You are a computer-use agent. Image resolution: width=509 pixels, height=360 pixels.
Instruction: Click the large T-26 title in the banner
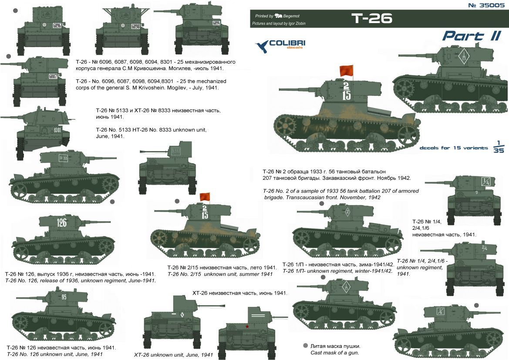point(372,19)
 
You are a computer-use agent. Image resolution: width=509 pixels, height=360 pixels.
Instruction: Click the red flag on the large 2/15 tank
point(346,71)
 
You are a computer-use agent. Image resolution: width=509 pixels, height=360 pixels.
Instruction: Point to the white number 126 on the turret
point(62,222)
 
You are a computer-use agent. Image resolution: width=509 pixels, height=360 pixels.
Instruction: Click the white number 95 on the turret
point(64,296)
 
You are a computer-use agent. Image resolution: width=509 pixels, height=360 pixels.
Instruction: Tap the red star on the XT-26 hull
point(247,326)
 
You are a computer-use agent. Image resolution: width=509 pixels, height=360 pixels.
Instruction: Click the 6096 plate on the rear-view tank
point(57,25)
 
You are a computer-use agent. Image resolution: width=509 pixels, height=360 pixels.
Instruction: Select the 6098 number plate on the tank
point(136,26)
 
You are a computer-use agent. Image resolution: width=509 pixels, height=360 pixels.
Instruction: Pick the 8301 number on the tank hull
point(57,130)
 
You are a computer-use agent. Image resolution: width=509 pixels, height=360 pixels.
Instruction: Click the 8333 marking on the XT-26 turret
point(176,151)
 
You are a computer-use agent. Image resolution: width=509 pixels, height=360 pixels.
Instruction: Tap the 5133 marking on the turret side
point(63,158)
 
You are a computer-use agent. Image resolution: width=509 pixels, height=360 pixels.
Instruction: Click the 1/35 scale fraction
point(499,147)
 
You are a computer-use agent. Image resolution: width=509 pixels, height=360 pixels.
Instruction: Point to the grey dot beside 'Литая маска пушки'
point(305,346)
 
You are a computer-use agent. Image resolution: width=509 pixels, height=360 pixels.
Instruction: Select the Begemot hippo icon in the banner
point(278,15)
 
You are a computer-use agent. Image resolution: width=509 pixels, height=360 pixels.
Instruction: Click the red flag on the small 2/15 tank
point(205,197)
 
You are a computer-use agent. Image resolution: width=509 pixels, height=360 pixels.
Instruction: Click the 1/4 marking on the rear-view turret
point(486,182)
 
